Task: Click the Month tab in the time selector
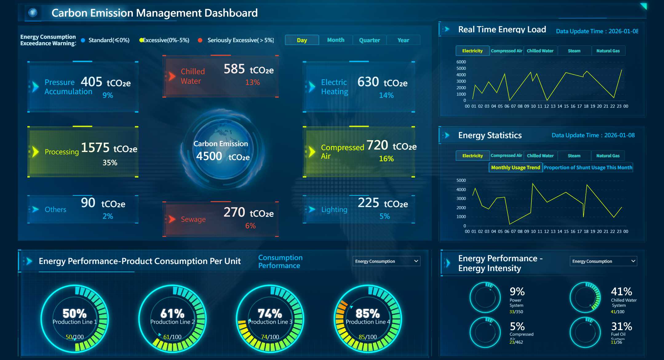point(336,40)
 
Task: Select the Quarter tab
point(369,40)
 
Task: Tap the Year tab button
point(403,40)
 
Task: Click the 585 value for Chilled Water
point(234,69)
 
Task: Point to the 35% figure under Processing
point(110,162)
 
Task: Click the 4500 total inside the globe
point(209,156)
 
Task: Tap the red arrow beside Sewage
point(172,219)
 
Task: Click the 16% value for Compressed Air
point(386,158)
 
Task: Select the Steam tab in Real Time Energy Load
point(574,51)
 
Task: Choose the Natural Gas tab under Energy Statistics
point(608,156)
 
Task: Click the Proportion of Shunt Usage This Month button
point(588,167)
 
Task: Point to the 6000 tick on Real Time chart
point(461,62)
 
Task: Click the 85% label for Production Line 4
point(368,314)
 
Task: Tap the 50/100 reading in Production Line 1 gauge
point(75,337)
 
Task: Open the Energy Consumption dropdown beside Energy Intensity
point(603,261)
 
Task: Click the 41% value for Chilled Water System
point(621,291)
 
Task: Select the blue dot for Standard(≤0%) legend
point(83,40)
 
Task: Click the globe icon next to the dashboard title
point(33,13)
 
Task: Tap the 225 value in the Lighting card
point(368,203)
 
